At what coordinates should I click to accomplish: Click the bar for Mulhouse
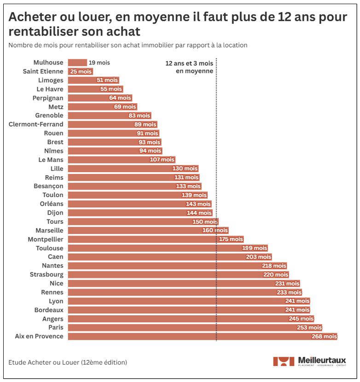pos(77,63)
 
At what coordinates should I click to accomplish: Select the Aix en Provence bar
pos(203,336)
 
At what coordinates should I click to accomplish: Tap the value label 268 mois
pos(324,336)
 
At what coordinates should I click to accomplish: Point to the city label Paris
pos(56,328)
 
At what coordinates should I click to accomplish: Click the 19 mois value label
pos(99,63)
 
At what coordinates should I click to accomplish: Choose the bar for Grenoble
pos(109,116)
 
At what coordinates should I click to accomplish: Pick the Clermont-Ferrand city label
pos(36,124)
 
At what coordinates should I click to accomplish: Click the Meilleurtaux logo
pos(309,361)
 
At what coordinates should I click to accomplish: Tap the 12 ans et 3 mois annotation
pos(189,67)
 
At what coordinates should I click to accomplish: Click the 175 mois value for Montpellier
pos(231,239)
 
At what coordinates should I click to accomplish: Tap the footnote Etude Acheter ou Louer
pos(68,362)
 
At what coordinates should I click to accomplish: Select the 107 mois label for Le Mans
pos(162,160)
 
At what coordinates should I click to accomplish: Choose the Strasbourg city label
pos(46,275)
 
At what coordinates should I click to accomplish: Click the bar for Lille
pos(134,168)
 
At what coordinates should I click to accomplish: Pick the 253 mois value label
pos(309,328)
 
